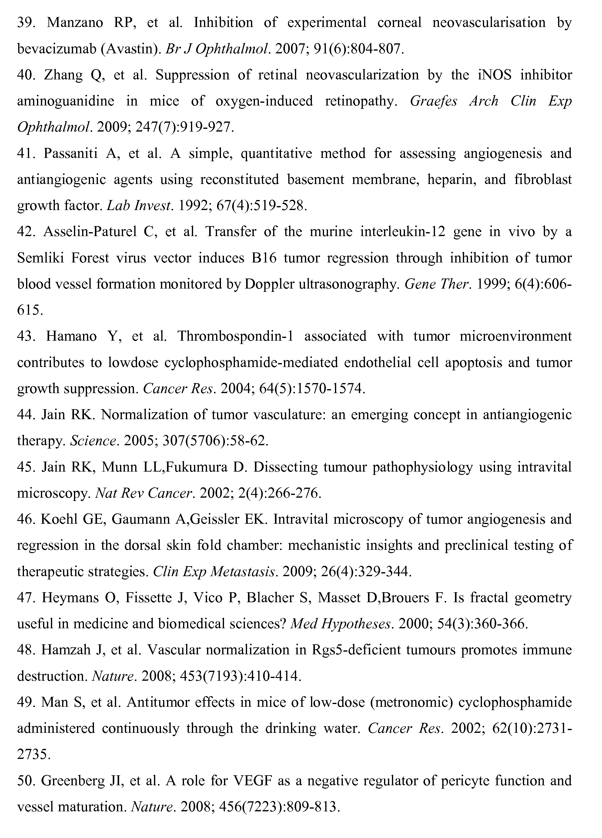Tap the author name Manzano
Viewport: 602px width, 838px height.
coord(75,23)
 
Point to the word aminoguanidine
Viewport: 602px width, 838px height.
coord(66,101)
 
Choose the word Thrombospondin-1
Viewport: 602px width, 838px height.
coord(235,336)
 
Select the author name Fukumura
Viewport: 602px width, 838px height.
coord(196,467)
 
